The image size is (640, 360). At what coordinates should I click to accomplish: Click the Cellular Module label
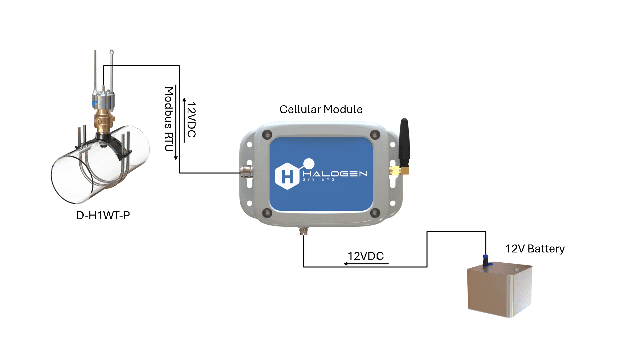[321, 109]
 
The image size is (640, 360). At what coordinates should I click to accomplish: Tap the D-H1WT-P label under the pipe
[103, 215]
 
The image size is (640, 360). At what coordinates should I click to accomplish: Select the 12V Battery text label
[535, 249]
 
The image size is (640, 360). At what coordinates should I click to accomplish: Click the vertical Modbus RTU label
[169, 119]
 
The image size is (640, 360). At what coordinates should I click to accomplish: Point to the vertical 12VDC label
[191, 120]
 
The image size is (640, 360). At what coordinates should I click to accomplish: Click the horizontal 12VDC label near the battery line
[366, 256]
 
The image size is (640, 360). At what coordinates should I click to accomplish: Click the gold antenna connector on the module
[398, 171]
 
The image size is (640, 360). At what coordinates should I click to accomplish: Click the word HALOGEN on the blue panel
[335, 174]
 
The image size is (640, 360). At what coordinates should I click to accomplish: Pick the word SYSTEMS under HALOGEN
[318, 180]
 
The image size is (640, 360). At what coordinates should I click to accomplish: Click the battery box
[499, 289]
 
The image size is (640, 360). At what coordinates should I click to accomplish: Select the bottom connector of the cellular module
[303, 231]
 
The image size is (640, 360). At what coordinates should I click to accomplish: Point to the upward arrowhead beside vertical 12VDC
[184, 100]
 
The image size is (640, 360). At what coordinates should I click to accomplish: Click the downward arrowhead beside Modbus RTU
[176, 158]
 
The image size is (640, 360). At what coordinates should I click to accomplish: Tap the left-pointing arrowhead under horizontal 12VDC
[346, 264]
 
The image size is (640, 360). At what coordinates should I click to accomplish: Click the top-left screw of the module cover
[267, 135]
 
